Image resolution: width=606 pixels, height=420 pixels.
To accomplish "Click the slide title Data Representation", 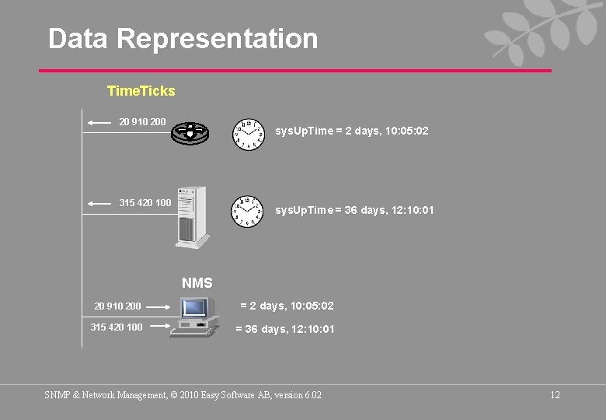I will pos(183,39).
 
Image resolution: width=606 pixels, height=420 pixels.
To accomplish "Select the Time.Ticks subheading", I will pos(141,91).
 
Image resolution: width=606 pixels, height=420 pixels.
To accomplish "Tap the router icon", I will pos(190,132).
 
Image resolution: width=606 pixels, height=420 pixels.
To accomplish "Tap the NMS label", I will pos(197,283).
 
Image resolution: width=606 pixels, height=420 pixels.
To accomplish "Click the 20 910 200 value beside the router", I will pos(142,122).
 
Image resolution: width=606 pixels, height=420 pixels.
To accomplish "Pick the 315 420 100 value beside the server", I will pos(145,203).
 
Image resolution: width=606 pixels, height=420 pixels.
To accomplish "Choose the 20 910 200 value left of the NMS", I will pos(117,306).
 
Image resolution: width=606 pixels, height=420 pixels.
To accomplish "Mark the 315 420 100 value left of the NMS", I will pos(117,327).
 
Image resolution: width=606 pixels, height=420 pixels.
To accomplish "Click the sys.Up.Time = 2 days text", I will pos(351,131).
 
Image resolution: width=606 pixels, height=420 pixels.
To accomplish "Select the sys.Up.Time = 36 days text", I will pos(354,210).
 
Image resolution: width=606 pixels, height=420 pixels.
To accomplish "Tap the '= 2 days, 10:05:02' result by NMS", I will pos(287,306).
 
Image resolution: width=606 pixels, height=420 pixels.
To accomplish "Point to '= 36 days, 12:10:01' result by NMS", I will pos(285,329).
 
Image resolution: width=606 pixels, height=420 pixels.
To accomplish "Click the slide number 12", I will pos(555,395).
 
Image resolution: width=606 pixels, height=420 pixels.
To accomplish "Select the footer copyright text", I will pos(183,395).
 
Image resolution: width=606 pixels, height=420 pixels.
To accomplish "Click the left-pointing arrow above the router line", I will pos(99,123).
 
